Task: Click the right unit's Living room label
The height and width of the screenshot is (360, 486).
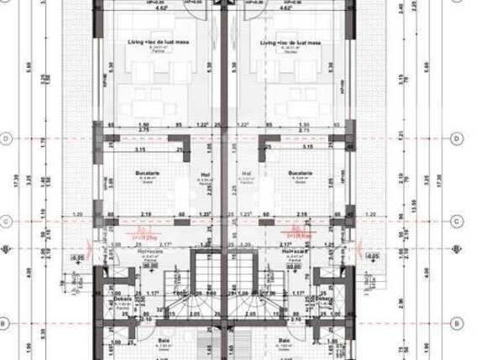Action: coord(288,41)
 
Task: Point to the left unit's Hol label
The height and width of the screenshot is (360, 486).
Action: coord(204,175)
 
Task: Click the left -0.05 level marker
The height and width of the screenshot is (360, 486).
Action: coord(78,258)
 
